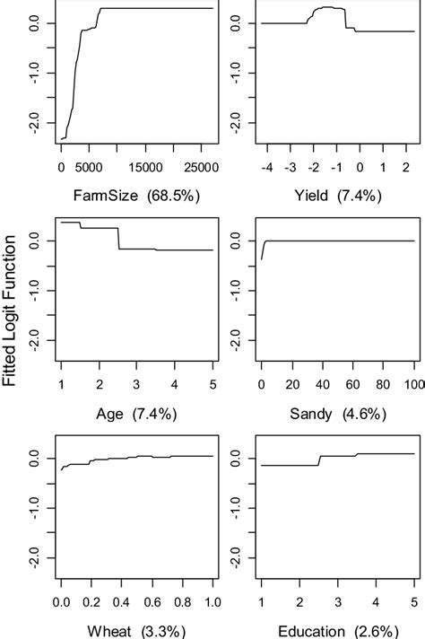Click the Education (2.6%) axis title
pyautogui.click(x=336, y=631)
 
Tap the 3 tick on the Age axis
pyautogui.click(x=136, y=385)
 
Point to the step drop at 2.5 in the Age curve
pyautogui.click(x=118, y=238)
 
